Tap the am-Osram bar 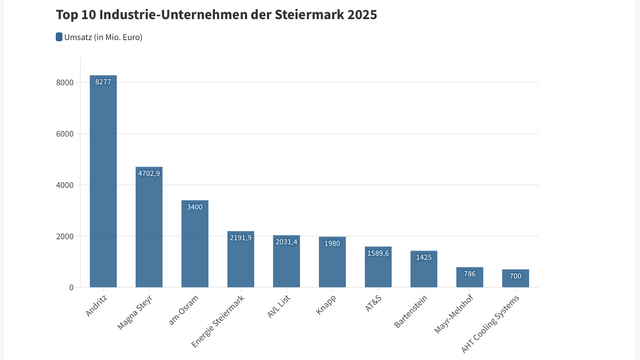tap(195, 244)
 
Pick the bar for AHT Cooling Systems tap(516, 278)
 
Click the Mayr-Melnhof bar tap(470, 277)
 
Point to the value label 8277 tap(103, 82)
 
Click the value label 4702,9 tap(149, 174)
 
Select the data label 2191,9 tap(241, 238)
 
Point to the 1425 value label tap(424, 257)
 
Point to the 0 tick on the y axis tap(70, 288)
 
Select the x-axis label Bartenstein tap(411, 312)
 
